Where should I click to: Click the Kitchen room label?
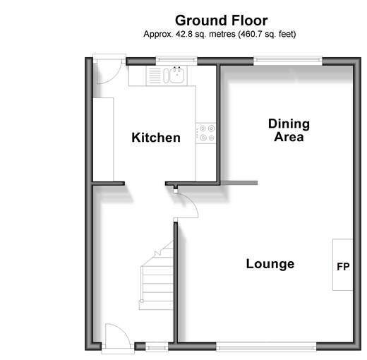pos(156,138)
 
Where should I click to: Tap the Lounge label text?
pos(270,264)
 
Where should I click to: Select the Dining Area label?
pos(289,130)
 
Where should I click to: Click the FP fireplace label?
pos(343,267)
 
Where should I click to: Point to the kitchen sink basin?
pos(177,75)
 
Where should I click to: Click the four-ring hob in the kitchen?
pos(206,133)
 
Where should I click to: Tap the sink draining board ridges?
pos(155,76)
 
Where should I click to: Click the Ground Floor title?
pos(222,20)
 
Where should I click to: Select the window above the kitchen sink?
pos(176,61)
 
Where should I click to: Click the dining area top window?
pos(288,61)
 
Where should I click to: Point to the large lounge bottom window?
pos(266,347)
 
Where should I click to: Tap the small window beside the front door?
pos(157,347)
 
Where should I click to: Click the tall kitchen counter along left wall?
pos(103,140)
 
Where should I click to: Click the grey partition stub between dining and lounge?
pos(239,183)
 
